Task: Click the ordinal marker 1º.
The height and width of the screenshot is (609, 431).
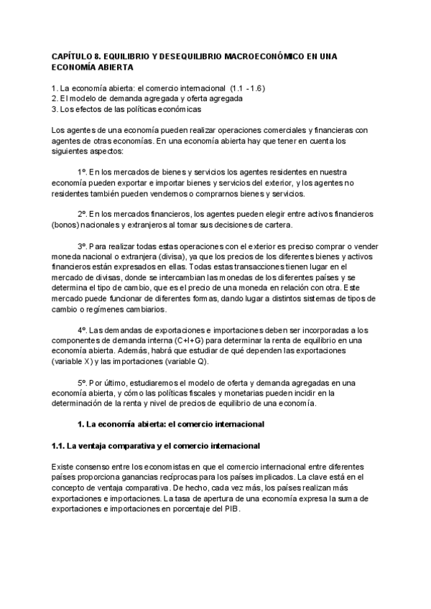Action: pos(83,173)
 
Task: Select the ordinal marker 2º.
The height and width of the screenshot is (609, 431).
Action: pos(83,214)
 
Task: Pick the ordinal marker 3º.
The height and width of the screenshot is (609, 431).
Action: pos(83,245)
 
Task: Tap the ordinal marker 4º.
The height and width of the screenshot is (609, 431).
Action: pos(83,329)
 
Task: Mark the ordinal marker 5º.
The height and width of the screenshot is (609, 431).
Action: pos(83,382)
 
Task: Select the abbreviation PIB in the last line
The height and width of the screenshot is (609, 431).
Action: pos(231,509)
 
